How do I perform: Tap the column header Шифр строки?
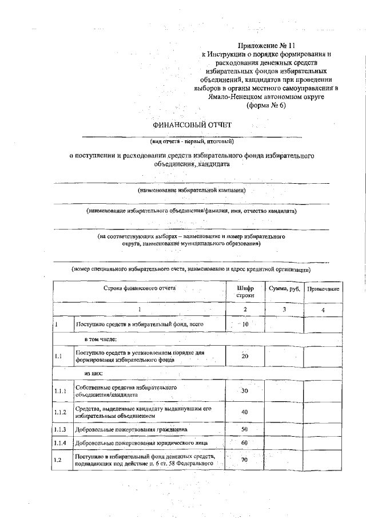(245, 291)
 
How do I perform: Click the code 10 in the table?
(245, 325)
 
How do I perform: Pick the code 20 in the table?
(245, 357)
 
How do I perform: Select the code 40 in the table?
(245, 412)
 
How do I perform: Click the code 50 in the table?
(245, 429)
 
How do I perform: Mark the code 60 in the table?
(245, 442)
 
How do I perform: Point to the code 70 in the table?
(245, 460)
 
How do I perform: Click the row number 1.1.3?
(61, 429)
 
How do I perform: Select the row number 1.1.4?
(61, 442)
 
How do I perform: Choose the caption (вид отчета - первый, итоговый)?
(192, 141)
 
